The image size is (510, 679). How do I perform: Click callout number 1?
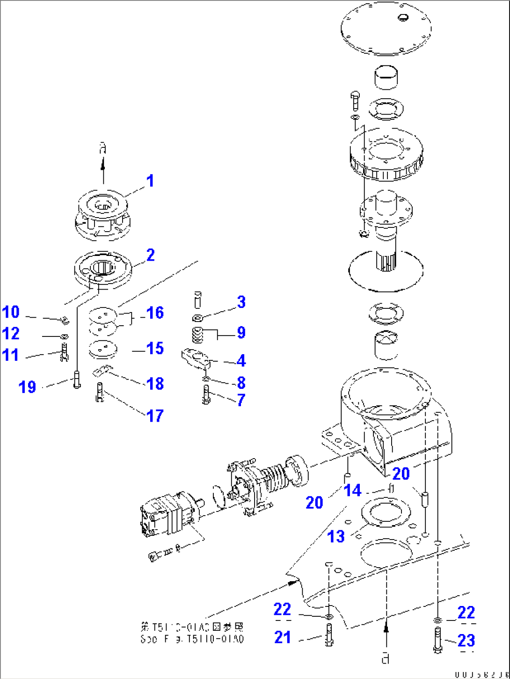coord(150,181)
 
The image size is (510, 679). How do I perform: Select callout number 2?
coord(150,255)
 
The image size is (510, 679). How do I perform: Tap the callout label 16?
coord(155,313)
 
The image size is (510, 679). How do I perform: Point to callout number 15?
coord(155,348)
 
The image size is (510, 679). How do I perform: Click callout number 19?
coord(27,387)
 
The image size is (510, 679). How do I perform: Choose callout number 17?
coord(155,416)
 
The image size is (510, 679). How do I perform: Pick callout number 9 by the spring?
coord(241,333)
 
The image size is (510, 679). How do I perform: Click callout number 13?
coord(336,536)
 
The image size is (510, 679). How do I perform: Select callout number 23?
coord(466,640)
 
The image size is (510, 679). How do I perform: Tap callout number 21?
coord(282,637)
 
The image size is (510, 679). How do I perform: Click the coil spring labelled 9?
coord(198,335)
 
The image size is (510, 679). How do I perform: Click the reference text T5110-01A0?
coord(192,633)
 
